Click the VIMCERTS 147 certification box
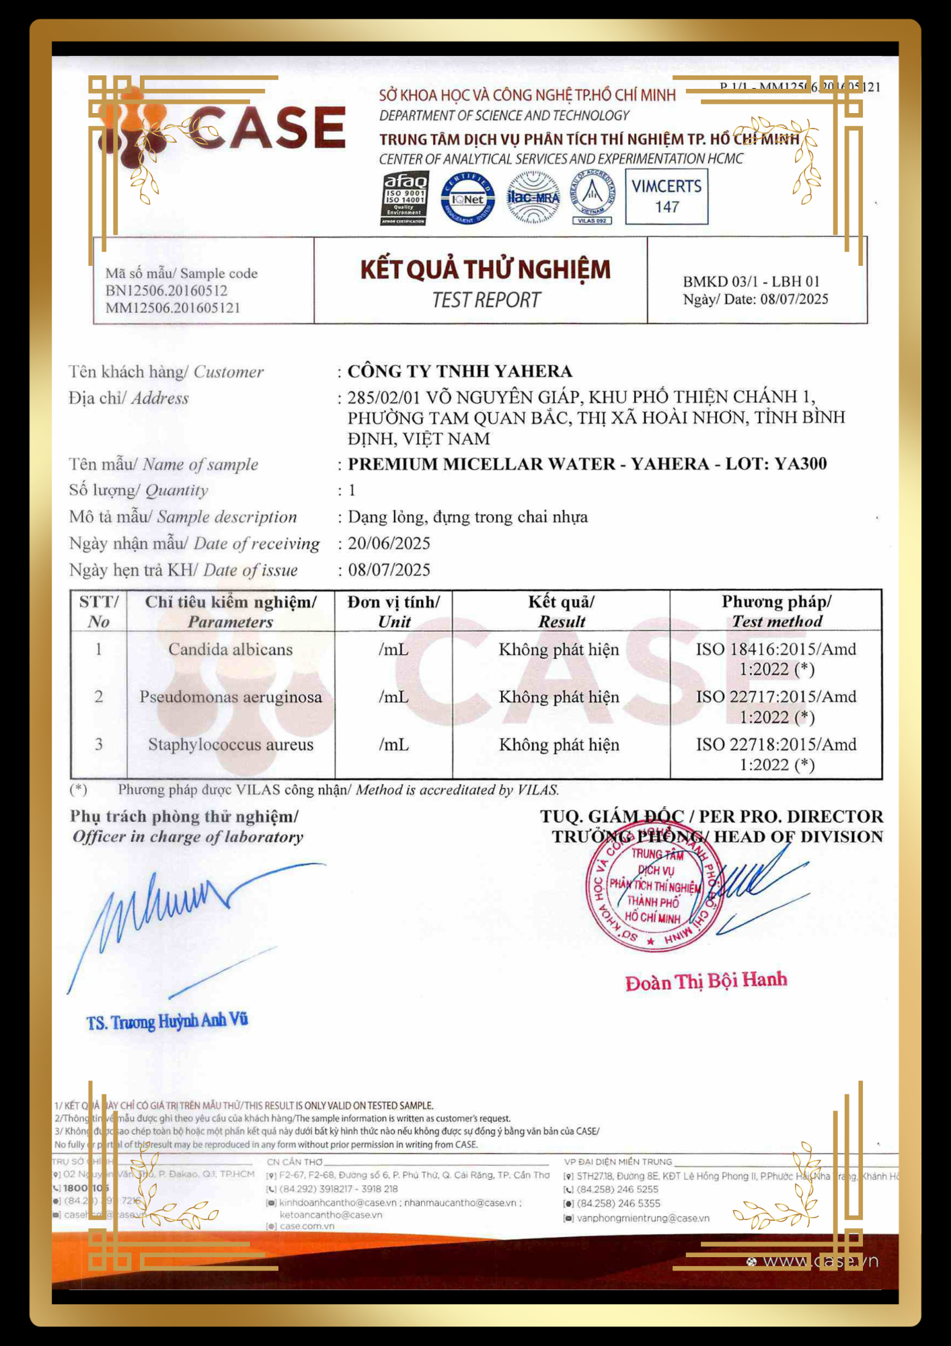click(667, 197)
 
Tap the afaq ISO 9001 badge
click(404, 199)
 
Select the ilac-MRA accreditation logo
click(533, 197)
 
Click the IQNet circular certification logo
click(467, 199)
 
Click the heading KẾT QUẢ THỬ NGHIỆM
click(486, 270)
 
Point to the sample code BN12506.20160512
click(166, 291)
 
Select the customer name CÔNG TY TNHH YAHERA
click(460, 371)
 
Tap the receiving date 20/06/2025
click(389, 544)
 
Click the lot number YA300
click(800, 464)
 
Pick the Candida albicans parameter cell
click(230, 649)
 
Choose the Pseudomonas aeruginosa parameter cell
click(230, 697)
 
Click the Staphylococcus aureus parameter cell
click(230, 745)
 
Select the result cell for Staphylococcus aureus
click(559, 745)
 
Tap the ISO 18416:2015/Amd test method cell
click(776, 659)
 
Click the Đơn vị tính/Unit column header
click(393, 611)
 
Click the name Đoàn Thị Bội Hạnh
click(706, 981)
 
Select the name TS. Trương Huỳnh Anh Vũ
click(167, 1022)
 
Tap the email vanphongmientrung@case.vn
click(643, 1218)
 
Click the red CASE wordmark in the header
click(267, 128)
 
